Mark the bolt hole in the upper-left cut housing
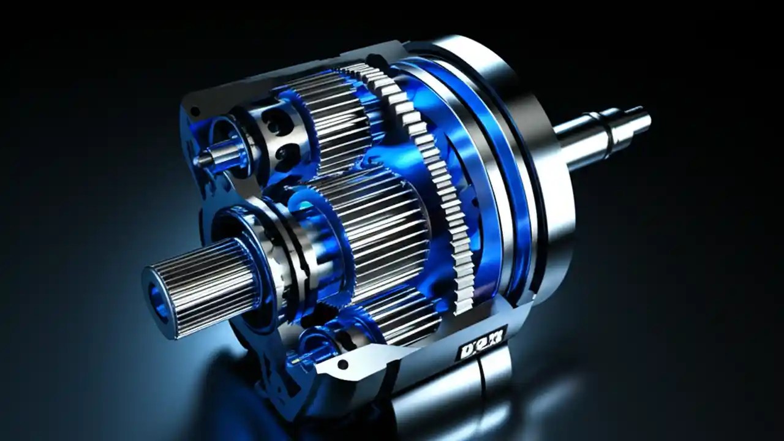tap(195, 112)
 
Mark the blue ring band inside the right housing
tap(490, 153)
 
